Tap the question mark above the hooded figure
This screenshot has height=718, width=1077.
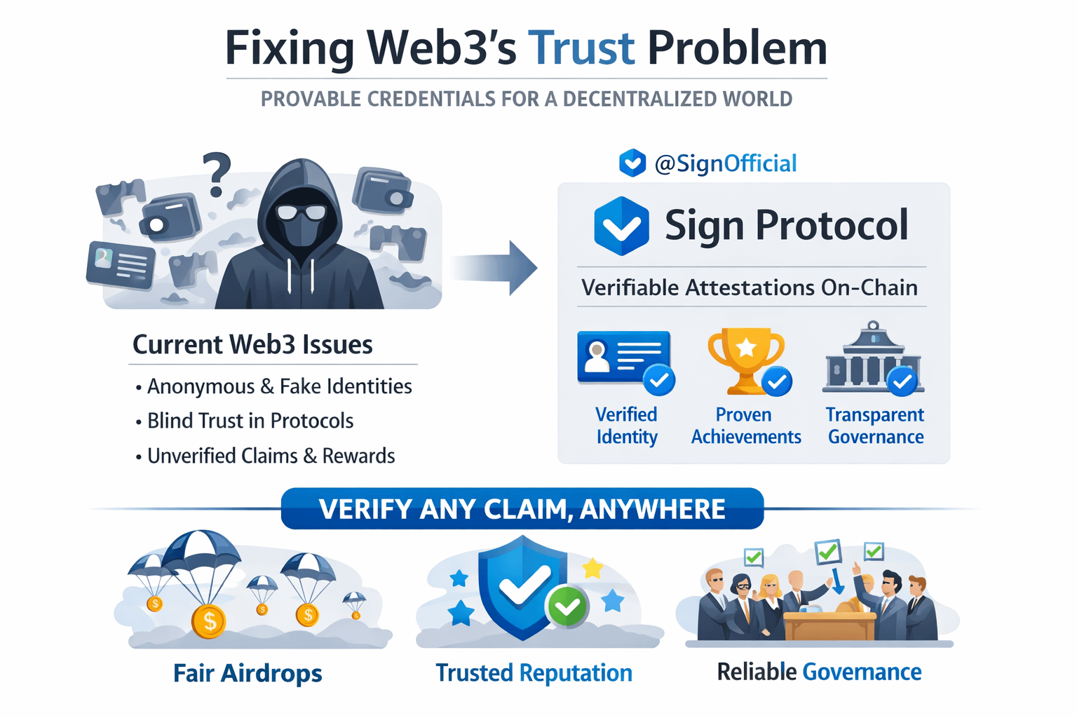click(x=217, y=174)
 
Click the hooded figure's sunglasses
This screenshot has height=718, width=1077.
click(x=302, y=212)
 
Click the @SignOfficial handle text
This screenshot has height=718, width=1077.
click(x=725, y=163)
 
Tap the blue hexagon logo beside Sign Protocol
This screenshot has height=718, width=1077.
click(x=621, y=226)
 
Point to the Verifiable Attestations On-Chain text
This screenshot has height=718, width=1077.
click(x=750, y=287)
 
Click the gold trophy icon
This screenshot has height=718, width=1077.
click(x=745, y=358)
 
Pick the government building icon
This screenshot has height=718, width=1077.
click(x=872, y=359)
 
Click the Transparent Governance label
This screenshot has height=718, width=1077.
click(x=875, y=426)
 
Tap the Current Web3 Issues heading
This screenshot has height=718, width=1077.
click(x=252, y=344)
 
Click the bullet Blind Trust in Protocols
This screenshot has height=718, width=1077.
click(x=250, y=421)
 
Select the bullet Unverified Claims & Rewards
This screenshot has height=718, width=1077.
click(x=271, y=456)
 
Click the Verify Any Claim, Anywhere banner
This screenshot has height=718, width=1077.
click(x=522, y=508)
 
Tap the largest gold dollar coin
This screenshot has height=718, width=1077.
click(x=208, y=621)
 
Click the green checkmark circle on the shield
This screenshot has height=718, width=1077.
click(x=567, y=607)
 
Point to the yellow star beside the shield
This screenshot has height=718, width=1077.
click(x=593, y=568)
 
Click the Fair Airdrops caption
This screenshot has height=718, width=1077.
click(x=248, y=673)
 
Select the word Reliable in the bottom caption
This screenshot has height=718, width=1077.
click(x=757, y=672)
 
